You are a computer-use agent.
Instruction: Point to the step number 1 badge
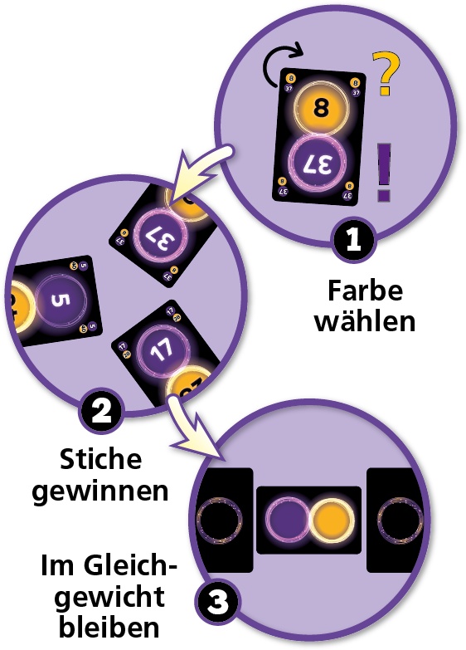point(353,239)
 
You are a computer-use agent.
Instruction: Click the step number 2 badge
point(100,410)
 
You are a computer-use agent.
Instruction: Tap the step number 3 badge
point(216,602)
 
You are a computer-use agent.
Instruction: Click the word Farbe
point(365,291)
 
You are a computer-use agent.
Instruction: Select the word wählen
point(365,320)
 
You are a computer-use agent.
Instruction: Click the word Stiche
point(100,459)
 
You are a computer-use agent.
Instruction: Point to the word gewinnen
point(100,492)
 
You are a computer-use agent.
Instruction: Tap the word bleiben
point(109,628)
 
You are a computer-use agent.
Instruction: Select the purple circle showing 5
point(61,300)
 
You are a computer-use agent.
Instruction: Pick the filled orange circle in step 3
point(330,520)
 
